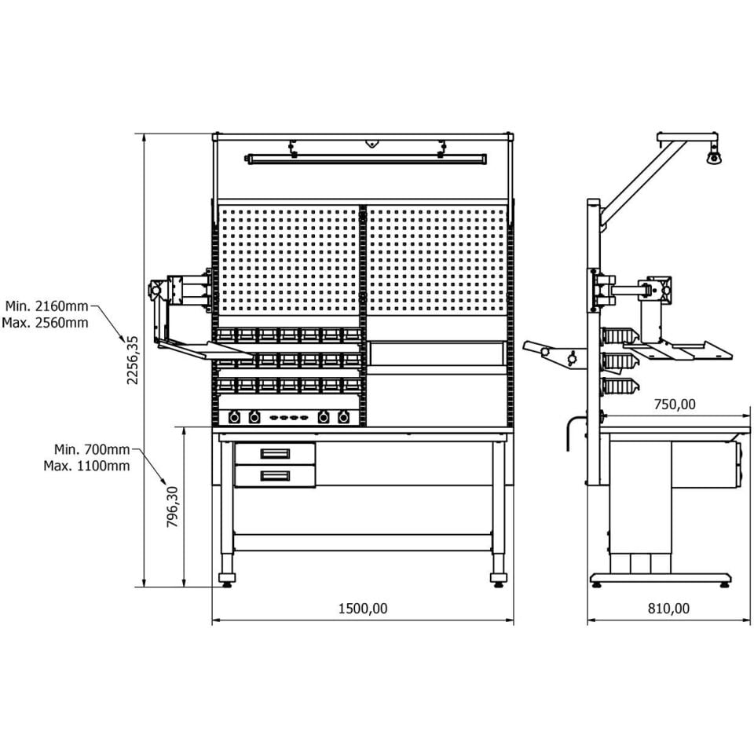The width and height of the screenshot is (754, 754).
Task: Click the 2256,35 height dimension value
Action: tap(133, 360)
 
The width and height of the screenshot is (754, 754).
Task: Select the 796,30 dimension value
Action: tap(173, 507)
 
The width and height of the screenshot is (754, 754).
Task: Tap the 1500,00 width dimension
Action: tap(363, 609)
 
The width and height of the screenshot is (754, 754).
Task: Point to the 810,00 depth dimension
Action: tap(668, 609)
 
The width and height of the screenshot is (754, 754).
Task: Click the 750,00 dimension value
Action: tap(675, 404)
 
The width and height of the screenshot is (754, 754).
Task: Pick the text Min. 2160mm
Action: tap(46, 306)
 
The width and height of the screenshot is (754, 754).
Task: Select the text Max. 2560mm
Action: tap(46, 322)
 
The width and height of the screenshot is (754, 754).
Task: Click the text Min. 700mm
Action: tap(92, 449)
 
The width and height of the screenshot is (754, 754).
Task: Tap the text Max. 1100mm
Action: tap(86, 466)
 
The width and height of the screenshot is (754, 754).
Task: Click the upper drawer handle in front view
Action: tap(275, 453)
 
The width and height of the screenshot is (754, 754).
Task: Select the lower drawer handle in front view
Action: tap(275, 476)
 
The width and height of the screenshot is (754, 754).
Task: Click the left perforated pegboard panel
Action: tap(288, 260)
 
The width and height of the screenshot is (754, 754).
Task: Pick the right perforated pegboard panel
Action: tap(436, 260)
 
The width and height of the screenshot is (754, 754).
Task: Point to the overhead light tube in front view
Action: tap(368, 159)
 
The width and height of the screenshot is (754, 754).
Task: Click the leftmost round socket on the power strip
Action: tap(234, 417)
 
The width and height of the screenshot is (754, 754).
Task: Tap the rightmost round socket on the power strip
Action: tap(343, 417)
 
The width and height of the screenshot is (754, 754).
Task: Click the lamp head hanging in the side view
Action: tap(714, 156)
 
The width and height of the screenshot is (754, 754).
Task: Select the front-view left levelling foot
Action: tap(227, 580)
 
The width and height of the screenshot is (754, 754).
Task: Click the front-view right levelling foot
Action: tap(498, 580)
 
